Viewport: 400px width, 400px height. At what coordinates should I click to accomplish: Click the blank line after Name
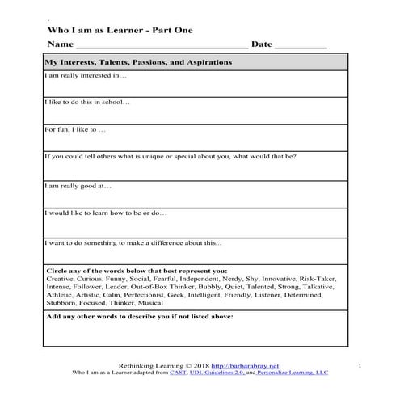tap(161, 47)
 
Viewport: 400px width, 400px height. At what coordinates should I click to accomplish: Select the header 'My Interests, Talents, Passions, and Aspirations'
tap(139, 62)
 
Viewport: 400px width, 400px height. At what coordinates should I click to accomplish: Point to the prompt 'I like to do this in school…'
tap(87, 102)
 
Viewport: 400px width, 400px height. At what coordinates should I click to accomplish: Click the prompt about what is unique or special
tap(171, 156)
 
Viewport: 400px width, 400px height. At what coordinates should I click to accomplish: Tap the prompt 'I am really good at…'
tap(78, 185)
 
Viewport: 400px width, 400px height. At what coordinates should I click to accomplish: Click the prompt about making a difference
tap(133, 242)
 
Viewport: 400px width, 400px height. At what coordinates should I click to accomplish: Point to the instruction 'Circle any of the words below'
tap(137, 271)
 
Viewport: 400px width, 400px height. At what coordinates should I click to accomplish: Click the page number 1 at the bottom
tap(359, 365)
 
